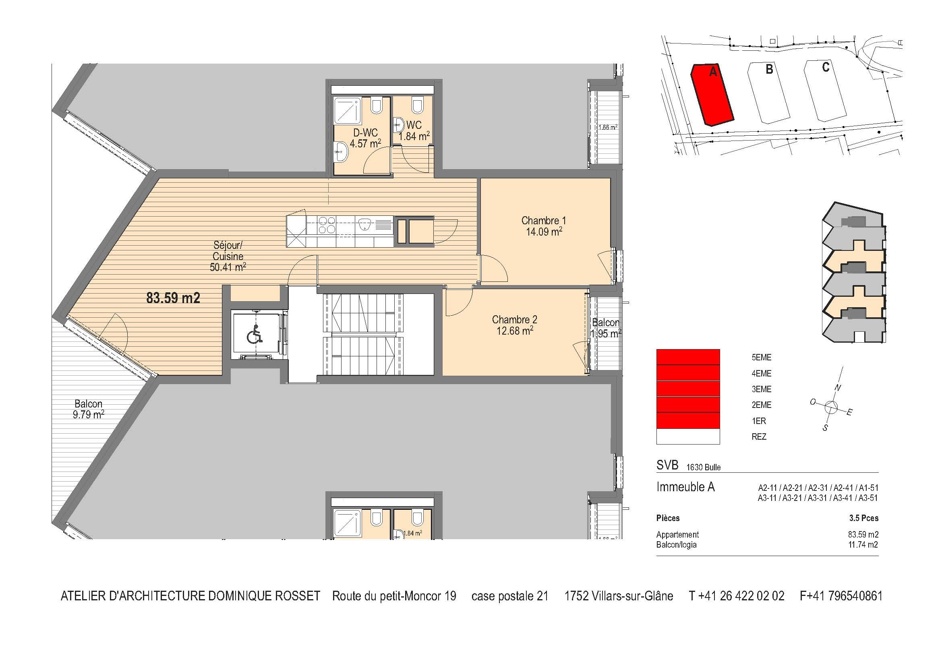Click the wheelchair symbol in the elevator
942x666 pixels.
255,334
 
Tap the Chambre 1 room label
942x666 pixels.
543,220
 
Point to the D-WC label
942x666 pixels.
365,132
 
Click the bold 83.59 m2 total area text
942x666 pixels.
173,298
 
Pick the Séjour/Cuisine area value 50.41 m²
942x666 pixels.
228,267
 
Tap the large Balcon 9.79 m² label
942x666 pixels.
89,409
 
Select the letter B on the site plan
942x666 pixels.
769,69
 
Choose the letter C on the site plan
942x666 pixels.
826,67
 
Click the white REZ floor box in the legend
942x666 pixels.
688,436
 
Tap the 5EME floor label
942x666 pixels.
762,358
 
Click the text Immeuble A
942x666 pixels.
685,487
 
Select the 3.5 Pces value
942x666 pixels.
863,518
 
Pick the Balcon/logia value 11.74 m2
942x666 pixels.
863,545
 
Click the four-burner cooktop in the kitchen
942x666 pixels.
327,225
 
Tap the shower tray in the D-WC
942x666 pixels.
348,110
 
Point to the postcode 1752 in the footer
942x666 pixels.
576,596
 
